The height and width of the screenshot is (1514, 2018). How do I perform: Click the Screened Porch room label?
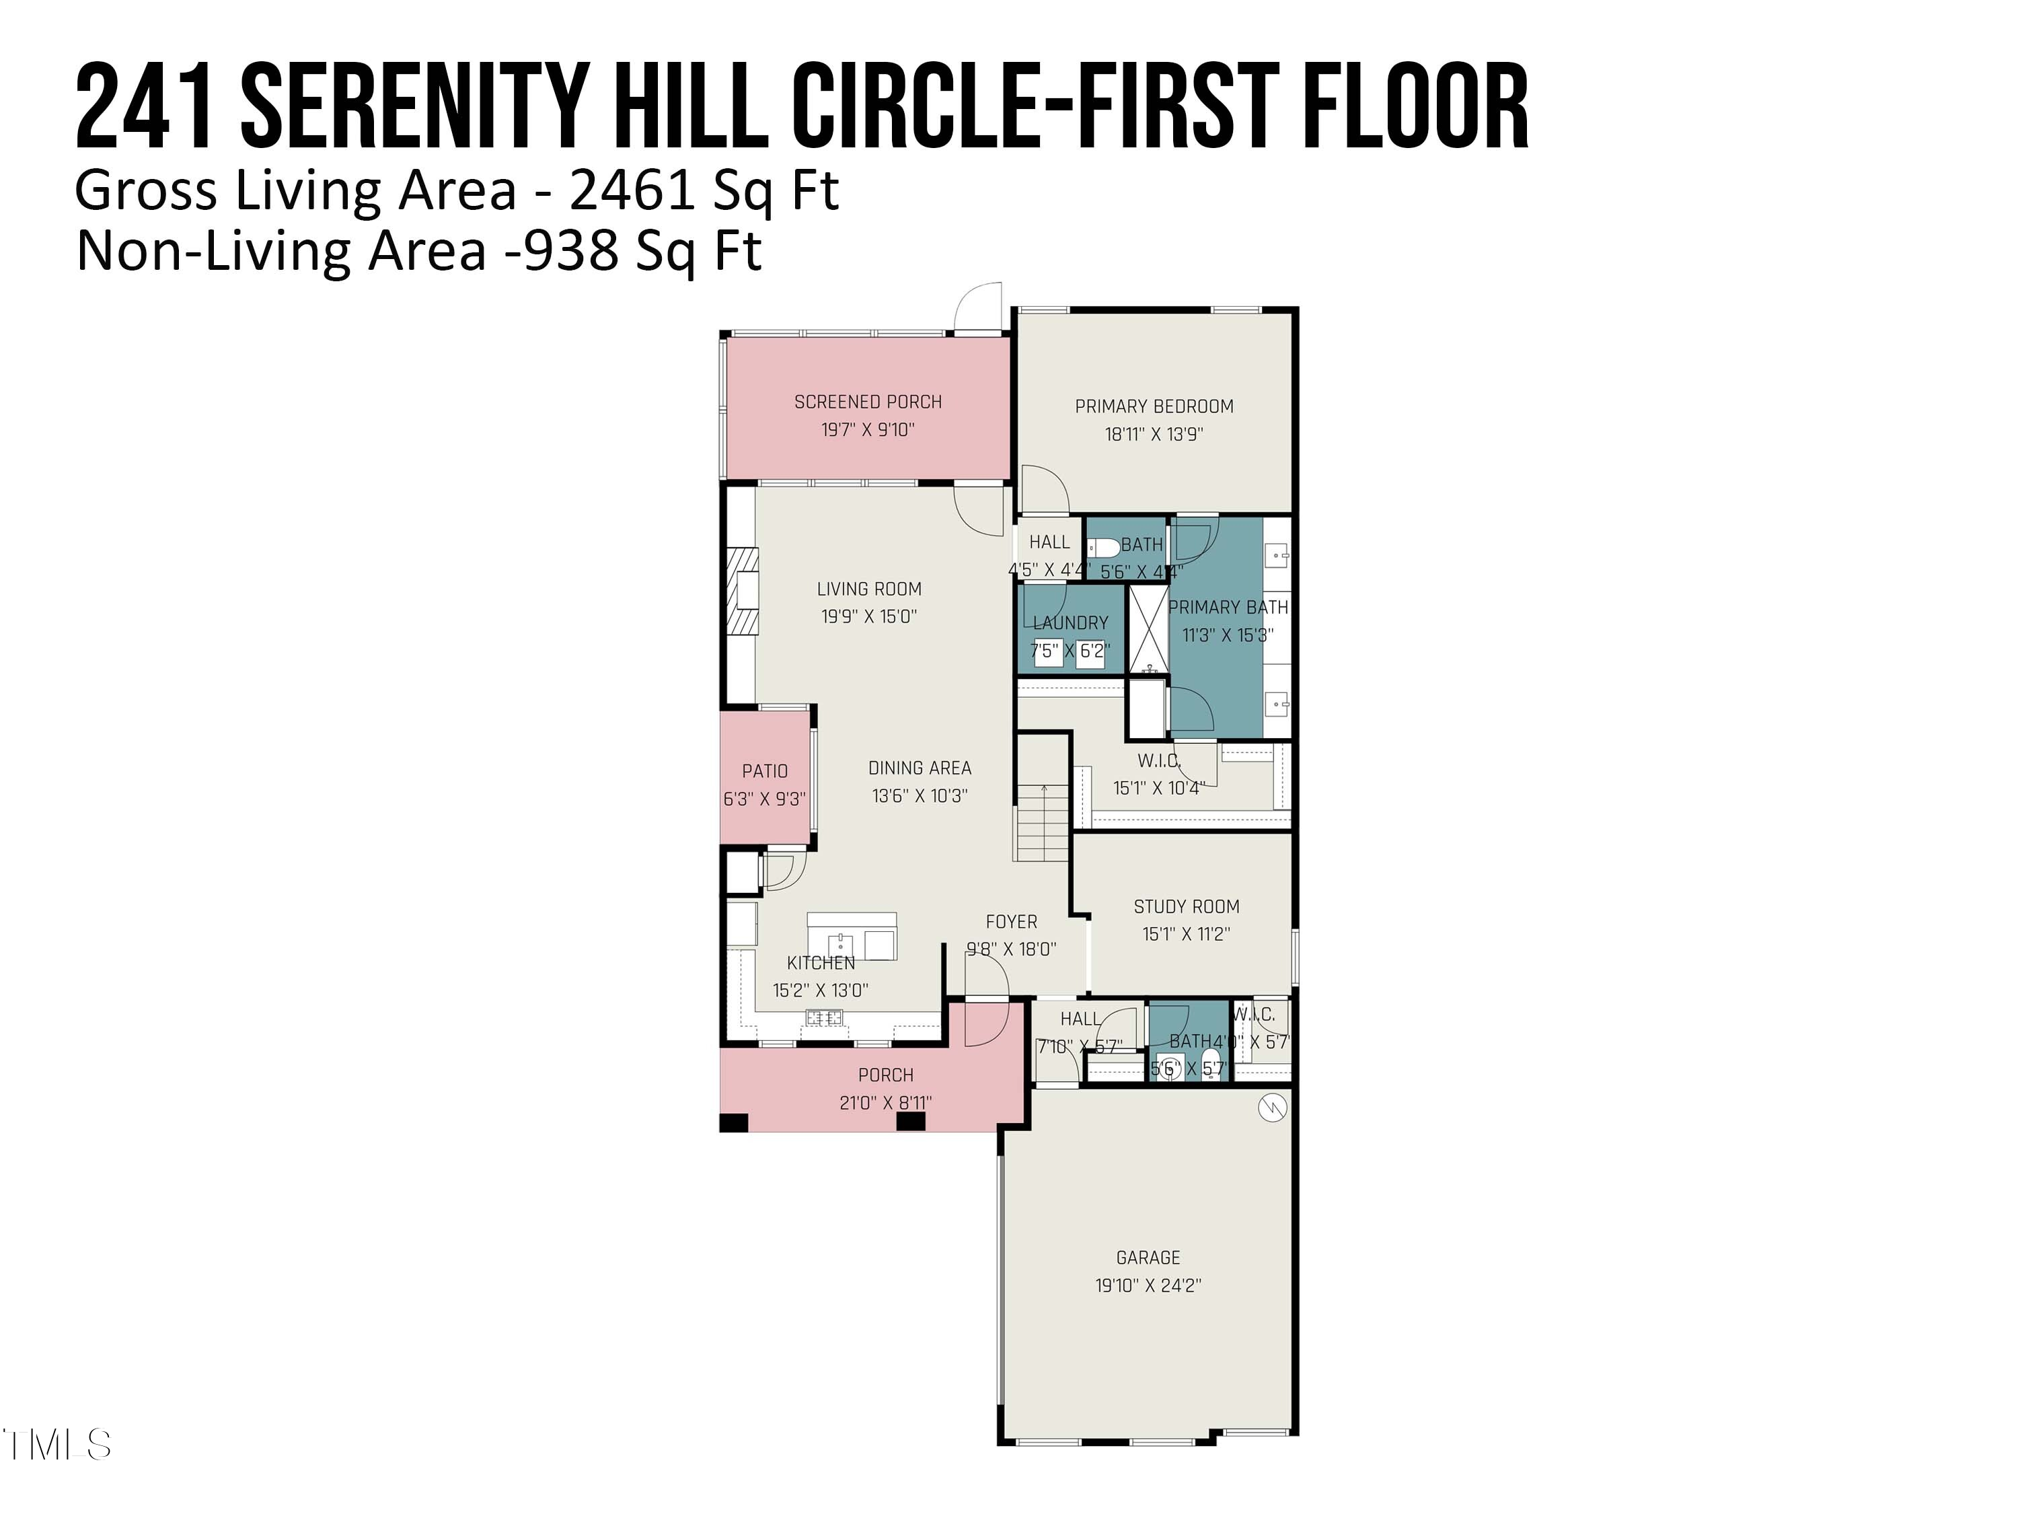(x=868, y=402)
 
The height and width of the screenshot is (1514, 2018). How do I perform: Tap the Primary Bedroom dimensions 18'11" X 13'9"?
(x=1154, y=435)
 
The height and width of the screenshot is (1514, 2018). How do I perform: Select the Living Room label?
(x=868, y=589)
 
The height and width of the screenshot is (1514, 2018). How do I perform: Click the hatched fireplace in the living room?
(x=743, y=589)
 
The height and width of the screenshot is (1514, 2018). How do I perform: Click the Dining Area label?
(x=920, y=768)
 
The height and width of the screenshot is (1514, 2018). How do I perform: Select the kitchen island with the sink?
(x=851, y=937)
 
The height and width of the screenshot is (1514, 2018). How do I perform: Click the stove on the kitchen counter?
(x=824, y=1017)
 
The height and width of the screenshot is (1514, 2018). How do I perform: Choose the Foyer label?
(x=1011, y=922)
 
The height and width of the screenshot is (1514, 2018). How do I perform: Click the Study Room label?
(x=1186, y=906)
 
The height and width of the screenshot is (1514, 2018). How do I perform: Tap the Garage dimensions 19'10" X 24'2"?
(x=1148, y=1285)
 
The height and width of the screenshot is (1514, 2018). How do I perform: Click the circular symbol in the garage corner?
(x=1272, y=1108)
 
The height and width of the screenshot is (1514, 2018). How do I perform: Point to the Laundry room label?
(x=1070, y=622)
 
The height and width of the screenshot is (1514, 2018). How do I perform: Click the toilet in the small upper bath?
(x=1105, y=548)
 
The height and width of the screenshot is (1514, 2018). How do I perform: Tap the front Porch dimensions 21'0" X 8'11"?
(x=885, y=1102)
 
